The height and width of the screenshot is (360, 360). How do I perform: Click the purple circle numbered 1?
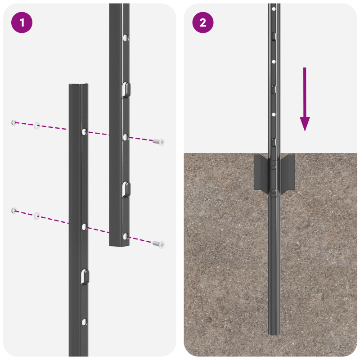coord(22,22)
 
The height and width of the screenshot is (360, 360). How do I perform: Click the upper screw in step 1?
coord(158,142)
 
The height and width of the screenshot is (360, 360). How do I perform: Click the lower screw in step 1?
coord(158,244)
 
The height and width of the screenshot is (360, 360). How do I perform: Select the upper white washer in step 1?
coord(37,125)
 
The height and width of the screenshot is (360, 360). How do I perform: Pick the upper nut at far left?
coord(14,122)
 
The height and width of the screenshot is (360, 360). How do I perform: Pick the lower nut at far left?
coord(14,210)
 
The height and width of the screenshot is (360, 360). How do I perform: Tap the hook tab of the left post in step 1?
coord(85,276)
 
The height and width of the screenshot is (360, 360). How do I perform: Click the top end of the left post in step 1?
coord(78,85)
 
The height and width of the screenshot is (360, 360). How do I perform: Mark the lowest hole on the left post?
coord(84,322)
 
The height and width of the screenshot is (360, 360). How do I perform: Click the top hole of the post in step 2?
coord(274,9)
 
